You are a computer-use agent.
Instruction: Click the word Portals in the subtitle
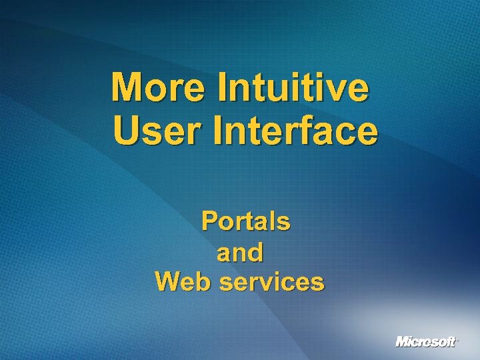click(x=245, y=221)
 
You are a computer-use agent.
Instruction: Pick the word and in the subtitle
click(x=240, y=253)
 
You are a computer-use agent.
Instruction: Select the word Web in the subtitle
click(x=183, y=282)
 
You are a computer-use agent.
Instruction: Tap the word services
click(x=271, y=283)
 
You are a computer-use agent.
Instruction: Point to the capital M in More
click(x=128, y=88)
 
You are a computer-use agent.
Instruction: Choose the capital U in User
click(x=126, y=131)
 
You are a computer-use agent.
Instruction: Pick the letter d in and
click(x=255, y=253)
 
